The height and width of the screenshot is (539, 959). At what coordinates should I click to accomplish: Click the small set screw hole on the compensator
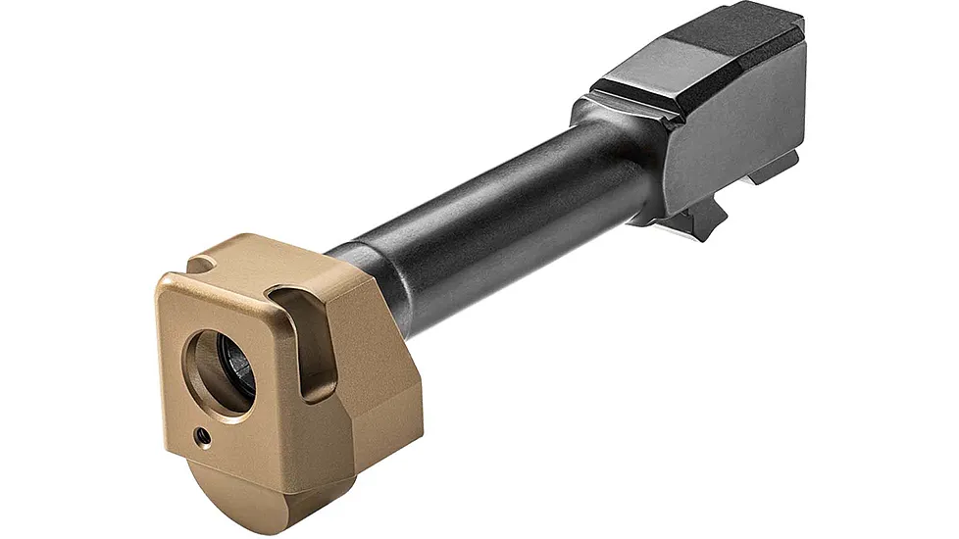(201, 432)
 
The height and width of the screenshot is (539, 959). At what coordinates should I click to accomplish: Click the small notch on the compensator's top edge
(202, 265)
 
